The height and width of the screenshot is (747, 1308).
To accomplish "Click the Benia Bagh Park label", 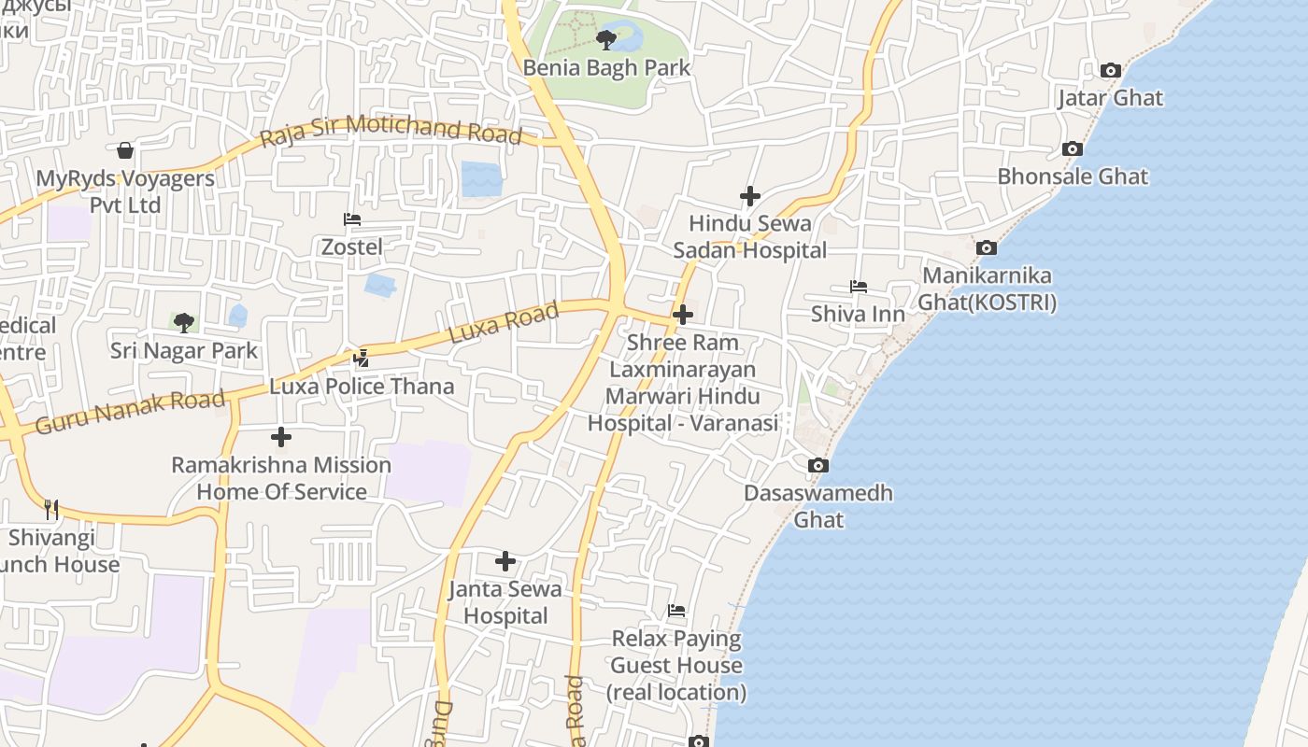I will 606,68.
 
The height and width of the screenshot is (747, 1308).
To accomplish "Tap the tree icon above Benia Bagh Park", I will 606,39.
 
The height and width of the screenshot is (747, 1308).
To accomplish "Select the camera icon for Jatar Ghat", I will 1110,70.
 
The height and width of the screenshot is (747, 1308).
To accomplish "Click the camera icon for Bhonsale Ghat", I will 1073,148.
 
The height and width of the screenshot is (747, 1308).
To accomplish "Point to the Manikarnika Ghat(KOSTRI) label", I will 987,289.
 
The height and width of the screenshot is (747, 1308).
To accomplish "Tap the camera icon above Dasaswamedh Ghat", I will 817,465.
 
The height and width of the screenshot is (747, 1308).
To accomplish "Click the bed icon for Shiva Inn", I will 858,286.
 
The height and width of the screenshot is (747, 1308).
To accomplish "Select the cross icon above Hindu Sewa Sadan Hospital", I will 749,196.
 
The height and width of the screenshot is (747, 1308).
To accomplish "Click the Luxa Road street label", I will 504,322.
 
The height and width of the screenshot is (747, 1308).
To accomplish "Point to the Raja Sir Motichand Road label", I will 391,129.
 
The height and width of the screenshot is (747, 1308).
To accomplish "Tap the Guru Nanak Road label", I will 130,412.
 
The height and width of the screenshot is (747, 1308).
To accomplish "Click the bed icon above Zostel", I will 352,219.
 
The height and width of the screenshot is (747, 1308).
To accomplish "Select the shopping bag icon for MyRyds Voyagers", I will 125,150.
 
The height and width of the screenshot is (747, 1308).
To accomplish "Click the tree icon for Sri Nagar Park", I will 184,323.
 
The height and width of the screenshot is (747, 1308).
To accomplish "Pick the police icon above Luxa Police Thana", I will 362,358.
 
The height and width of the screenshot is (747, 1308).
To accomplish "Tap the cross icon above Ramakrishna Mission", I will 280,436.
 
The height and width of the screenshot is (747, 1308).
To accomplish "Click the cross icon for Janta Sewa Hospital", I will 505,561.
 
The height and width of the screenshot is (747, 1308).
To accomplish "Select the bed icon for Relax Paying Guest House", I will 676,611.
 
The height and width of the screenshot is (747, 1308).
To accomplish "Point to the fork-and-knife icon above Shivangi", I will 51,509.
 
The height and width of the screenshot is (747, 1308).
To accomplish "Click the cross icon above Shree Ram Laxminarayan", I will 683,315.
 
